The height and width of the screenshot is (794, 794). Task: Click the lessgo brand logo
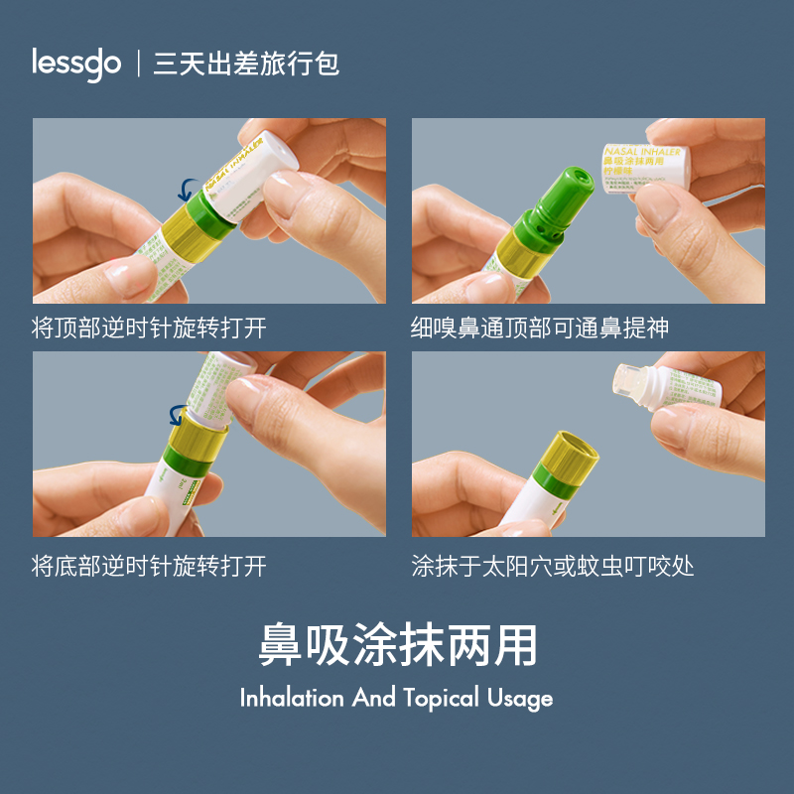click(75, 64)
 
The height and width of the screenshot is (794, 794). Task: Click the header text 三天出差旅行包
click(246, 65)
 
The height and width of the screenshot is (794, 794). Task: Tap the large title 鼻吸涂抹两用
click(397, 645)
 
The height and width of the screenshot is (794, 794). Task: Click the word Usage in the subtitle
click(520, 699)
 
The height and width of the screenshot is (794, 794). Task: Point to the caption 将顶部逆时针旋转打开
click(149, 328)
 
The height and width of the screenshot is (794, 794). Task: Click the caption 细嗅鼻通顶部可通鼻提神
click(540, 328)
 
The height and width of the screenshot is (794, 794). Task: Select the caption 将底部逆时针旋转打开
click(149, 567)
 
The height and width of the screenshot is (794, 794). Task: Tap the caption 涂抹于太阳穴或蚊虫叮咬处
click(553, 567)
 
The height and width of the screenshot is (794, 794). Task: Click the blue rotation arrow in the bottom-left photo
click(180, 414)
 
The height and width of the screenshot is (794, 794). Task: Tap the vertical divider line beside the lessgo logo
click(137, 65)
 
